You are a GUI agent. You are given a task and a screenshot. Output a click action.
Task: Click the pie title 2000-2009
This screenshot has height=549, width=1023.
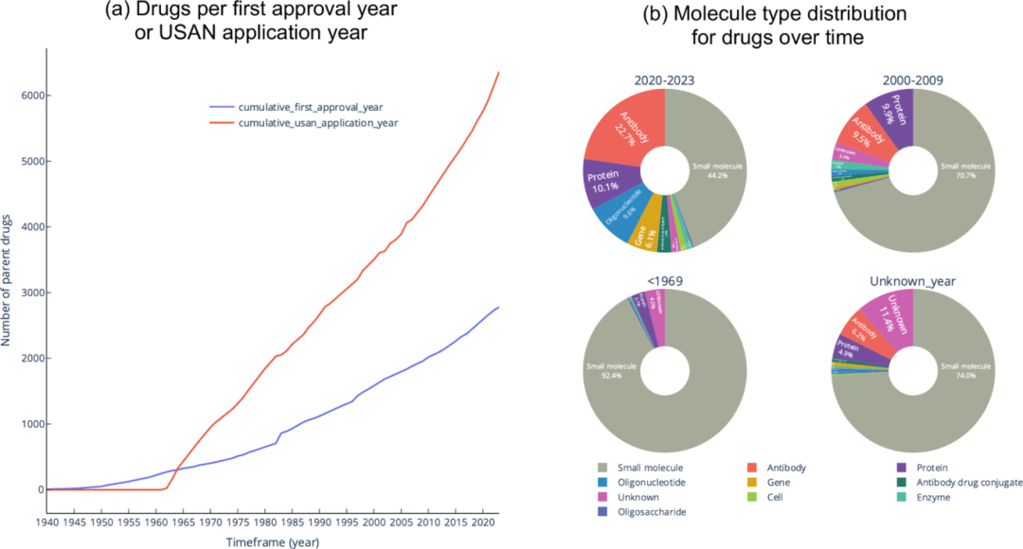912,80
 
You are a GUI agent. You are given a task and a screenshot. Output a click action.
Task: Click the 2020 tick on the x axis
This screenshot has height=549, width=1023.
482,522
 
